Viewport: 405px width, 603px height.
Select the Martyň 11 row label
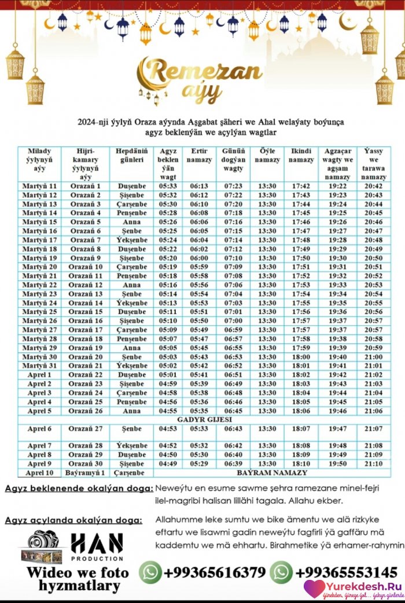pyautogui.click(x=39, y=186)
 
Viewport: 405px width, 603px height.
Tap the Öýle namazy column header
pyautogui.click(x=267, y=156)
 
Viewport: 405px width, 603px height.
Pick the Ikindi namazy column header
pyautogui.click(x=301, y=156)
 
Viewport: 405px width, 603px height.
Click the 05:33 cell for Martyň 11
pyautogui.click(x=168, y=186)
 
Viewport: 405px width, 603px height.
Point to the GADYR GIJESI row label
pyautogui.click(x=204, y=419)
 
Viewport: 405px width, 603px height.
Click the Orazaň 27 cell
pyautogui.click(x=86, y=429)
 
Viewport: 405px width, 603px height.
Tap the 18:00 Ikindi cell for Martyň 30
pyautogui.click(x=301, y=357)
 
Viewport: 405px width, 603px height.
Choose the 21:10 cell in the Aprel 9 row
pyautogui.click(x=373, y=464)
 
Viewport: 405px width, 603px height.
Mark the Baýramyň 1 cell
pyautogui.click(x=86, y=473)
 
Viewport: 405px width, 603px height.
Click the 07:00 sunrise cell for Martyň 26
pyautogui.click(x=233, y=321)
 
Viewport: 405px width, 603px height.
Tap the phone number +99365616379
pyautogui.click(x=214, y=572)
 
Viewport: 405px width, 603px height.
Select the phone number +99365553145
pyautogui.click(x=346, y=572)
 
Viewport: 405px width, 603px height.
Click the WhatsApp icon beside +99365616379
pyautogui.click(x=150, y=572)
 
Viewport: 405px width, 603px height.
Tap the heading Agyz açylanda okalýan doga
pyautogui.click(x=73, y=520)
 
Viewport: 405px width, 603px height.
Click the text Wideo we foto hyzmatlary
pyautogui.click(x=78, y=579)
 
